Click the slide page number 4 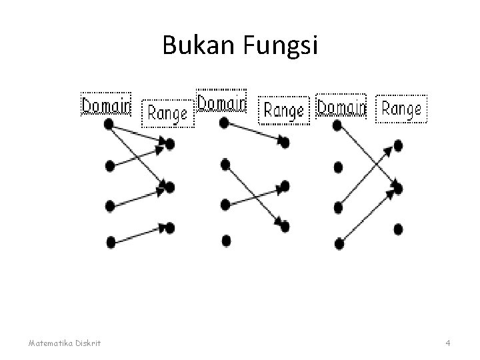pyautogui.click(x=448, y=343)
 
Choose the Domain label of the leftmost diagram pyautogui.click(x=107, y=105)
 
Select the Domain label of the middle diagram pyautogui.click(x=221, y=103)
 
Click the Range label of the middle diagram pyautogui.click(x=284, y=109)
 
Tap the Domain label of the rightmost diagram pyautogui.click(x=341, y=107)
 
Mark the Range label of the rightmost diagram pyautogui.click(x=402, y=108)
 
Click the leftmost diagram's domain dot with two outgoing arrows pyautogui.click(x=109, y=124)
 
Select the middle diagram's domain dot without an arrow pyautogui.click(x=226, y=239)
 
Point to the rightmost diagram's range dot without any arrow pyautogui.click(x=398, y=229)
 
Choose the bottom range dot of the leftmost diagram pyautogui.click(x=169, y=228)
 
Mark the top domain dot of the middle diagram pyautogui.click(x=224, y=123)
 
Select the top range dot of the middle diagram pyautogui.click(x=285, y=143)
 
